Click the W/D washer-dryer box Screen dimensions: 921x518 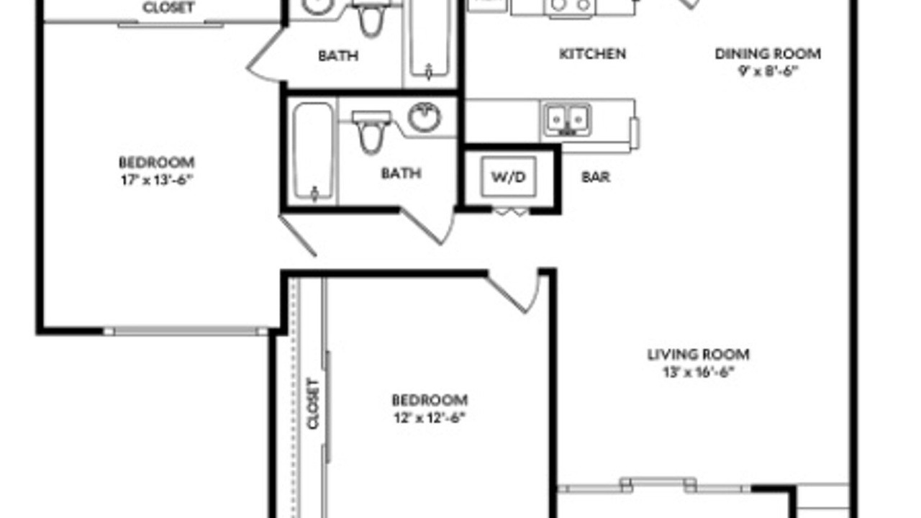[509, 177]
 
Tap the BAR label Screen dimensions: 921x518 [595, 177]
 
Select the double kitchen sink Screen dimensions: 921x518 [568, 120]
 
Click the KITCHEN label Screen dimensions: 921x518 [592, 54]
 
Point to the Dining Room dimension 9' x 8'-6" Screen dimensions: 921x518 [768, 71]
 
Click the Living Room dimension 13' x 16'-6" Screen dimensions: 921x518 [698, 372]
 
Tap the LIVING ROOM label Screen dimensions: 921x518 [698, 355]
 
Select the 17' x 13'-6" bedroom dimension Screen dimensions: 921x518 [157, 180]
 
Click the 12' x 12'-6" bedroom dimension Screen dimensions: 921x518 [430, 418]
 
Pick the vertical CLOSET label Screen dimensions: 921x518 [313, 404]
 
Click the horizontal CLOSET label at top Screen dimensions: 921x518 [168, 8]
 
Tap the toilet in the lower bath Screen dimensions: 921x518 [371, 131]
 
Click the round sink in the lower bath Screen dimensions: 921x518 [425, 117]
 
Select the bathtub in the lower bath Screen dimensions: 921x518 [313, 152]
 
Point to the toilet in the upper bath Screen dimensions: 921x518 [371, 19]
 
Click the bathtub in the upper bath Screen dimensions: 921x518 [429, 39]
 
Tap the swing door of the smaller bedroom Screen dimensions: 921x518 [514, 292]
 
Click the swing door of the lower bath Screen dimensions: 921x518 [427, 226]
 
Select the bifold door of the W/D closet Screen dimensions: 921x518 [511, 212]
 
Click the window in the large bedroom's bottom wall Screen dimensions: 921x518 [186, 332]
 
